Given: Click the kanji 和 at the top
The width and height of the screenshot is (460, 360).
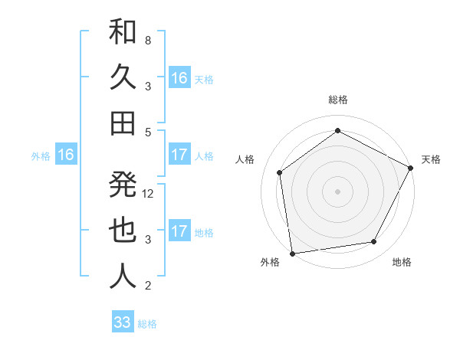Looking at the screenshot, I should (123, 32).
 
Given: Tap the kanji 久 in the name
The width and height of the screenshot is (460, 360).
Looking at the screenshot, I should (123, 77).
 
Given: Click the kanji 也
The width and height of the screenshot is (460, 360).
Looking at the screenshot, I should (123, 230).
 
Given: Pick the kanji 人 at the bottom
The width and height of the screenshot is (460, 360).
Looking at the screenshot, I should (123, 276).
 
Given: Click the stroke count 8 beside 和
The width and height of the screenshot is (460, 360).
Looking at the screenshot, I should (148, 40).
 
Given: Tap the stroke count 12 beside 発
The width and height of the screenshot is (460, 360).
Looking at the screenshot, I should (149, 193).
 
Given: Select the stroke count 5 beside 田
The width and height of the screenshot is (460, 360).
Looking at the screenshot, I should (148, 132).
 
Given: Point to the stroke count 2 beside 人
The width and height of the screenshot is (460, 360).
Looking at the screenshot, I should (148, 286).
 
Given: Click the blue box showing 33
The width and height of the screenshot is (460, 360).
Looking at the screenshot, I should (123, 322).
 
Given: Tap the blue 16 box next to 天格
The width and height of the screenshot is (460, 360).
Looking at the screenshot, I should (179, 78).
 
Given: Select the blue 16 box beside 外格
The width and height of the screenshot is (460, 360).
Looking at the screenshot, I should (66, 155).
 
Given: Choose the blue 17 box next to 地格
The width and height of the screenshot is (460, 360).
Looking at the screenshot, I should (179, 231).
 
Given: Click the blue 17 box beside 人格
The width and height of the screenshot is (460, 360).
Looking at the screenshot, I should (179, 155).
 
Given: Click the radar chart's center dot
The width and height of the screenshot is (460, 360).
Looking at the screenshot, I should (337, 191).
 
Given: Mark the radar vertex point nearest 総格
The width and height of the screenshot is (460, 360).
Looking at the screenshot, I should (337, 130).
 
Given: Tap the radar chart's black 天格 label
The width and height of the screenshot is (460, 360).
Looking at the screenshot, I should (431, 159).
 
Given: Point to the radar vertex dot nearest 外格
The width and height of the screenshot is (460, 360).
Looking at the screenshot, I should (292, 253).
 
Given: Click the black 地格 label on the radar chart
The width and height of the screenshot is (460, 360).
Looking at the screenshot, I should (402, 262).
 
